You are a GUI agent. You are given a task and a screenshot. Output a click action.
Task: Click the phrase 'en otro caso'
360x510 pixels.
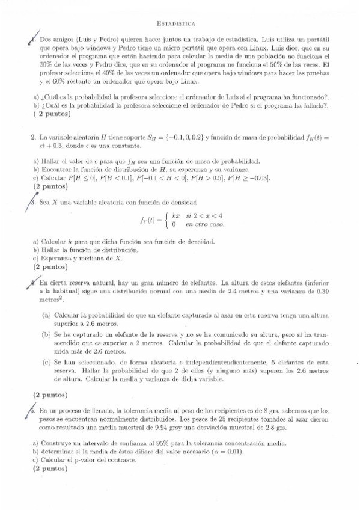click(x=205, y=224)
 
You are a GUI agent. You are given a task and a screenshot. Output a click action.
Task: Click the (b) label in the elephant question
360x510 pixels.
click(x=46, y=334)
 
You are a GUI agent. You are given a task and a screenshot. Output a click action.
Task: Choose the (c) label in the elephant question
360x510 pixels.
click(x=46, y=363)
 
